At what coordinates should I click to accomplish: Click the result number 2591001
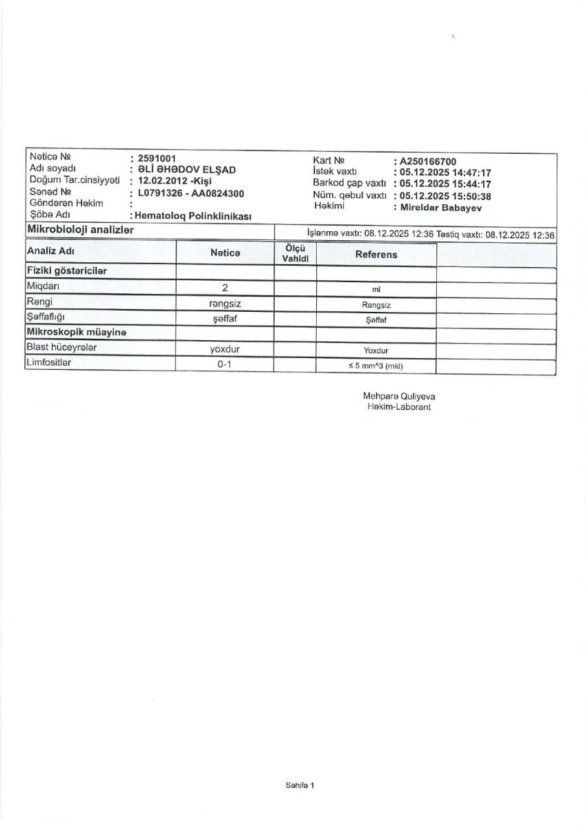[x=157, y=158]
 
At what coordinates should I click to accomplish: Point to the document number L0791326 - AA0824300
[x=191, y=193]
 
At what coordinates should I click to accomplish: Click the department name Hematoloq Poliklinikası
[x=195, y=216]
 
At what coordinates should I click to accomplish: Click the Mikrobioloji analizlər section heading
[x=80, y=230]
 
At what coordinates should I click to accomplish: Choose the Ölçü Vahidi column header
[x=295, y=253]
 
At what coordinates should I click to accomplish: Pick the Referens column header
[x=376, y=255]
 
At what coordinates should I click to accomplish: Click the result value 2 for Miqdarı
[x=225, y=288]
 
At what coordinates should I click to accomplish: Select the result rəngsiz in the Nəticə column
[x=224, y=303]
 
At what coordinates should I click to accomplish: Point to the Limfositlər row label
[x=48, y=362]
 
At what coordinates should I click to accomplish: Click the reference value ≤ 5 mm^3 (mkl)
[x=375, y=366]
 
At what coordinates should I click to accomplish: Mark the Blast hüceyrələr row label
[x=61, y=347]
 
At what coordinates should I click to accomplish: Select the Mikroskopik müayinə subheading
[x=76, y=332]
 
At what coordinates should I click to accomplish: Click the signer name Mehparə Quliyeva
[x=399, y=397]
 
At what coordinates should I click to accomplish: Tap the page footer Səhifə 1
[x=300, y=785]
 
